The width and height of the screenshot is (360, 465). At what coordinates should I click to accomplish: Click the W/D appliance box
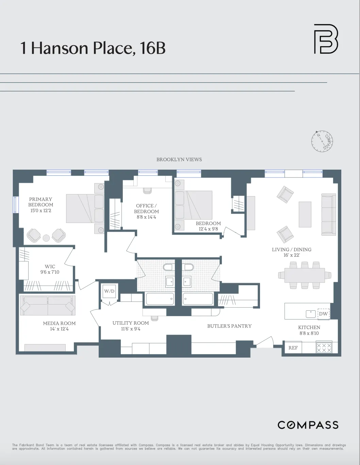point(109,291)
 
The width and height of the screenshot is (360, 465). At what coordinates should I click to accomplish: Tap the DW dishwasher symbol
point(323,314)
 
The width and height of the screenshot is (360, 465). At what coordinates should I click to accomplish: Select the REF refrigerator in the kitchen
point(293,348)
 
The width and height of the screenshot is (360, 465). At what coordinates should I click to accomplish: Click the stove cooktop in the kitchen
point(324,348)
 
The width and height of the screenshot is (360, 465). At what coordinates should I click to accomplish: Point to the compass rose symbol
point(322,141)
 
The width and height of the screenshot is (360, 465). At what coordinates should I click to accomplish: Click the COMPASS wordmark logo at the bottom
point(308,425)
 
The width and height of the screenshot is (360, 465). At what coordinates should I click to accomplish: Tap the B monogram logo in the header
point(326,39)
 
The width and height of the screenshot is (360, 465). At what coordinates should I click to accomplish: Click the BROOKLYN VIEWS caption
point(179,159)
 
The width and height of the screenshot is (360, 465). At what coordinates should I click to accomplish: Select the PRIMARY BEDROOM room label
point(40,202)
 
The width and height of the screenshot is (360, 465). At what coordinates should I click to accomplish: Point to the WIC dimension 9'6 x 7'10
point(50,272)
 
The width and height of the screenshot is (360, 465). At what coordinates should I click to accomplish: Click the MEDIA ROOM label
point(59,323)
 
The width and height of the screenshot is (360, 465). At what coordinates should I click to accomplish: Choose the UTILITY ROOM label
point(131,323)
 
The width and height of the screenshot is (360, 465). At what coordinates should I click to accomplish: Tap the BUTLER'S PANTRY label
point(229,326)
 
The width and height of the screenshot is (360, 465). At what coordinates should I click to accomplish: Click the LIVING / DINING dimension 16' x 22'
point(292,255)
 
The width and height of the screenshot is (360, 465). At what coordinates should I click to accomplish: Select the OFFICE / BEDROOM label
point(146,208)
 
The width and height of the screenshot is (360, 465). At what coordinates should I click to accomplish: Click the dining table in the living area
point(305,275)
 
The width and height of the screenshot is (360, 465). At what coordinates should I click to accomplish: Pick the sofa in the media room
point(48,305)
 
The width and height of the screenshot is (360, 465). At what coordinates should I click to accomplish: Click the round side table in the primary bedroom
point(46,238)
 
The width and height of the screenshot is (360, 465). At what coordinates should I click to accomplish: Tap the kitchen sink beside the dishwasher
point(310,314)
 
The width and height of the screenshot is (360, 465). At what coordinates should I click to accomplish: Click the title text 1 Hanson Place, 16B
point(93,48)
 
